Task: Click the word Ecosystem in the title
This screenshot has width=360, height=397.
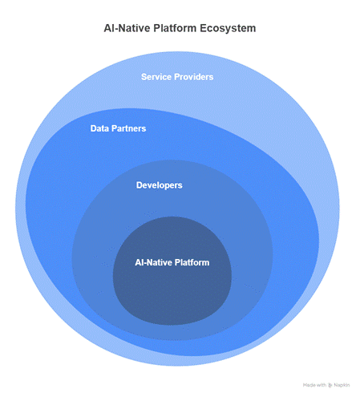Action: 228,28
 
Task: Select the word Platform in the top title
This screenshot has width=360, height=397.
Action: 175,28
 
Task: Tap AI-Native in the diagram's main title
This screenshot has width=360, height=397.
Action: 127,28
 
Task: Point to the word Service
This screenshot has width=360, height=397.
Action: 156,77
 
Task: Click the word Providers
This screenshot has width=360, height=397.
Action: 194,77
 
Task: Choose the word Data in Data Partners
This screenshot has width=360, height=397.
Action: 99,128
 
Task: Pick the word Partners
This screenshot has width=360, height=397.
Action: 128,128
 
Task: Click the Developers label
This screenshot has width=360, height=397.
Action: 160,185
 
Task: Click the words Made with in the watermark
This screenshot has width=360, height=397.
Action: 314,385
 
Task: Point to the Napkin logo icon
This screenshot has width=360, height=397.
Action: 330,385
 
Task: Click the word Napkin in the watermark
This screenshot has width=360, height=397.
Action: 342,385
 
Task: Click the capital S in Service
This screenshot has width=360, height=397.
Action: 144,77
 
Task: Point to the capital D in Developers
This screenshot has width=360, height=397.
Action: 139,185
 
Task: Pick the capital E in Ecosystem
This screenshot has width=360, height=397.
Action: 203,28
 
